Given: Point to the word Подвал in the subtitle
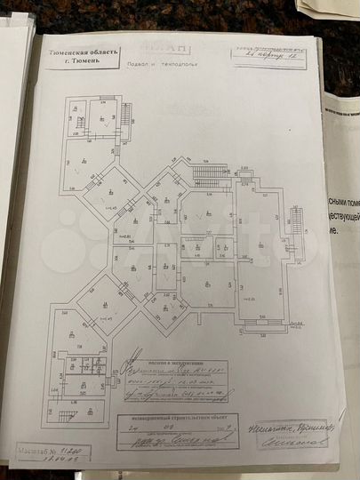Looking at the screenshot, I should [140, 64].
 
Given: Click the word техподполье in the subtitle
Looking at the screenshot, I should [176, 64].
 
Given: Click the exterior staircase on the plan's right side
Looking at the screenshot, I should [295, 218].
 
